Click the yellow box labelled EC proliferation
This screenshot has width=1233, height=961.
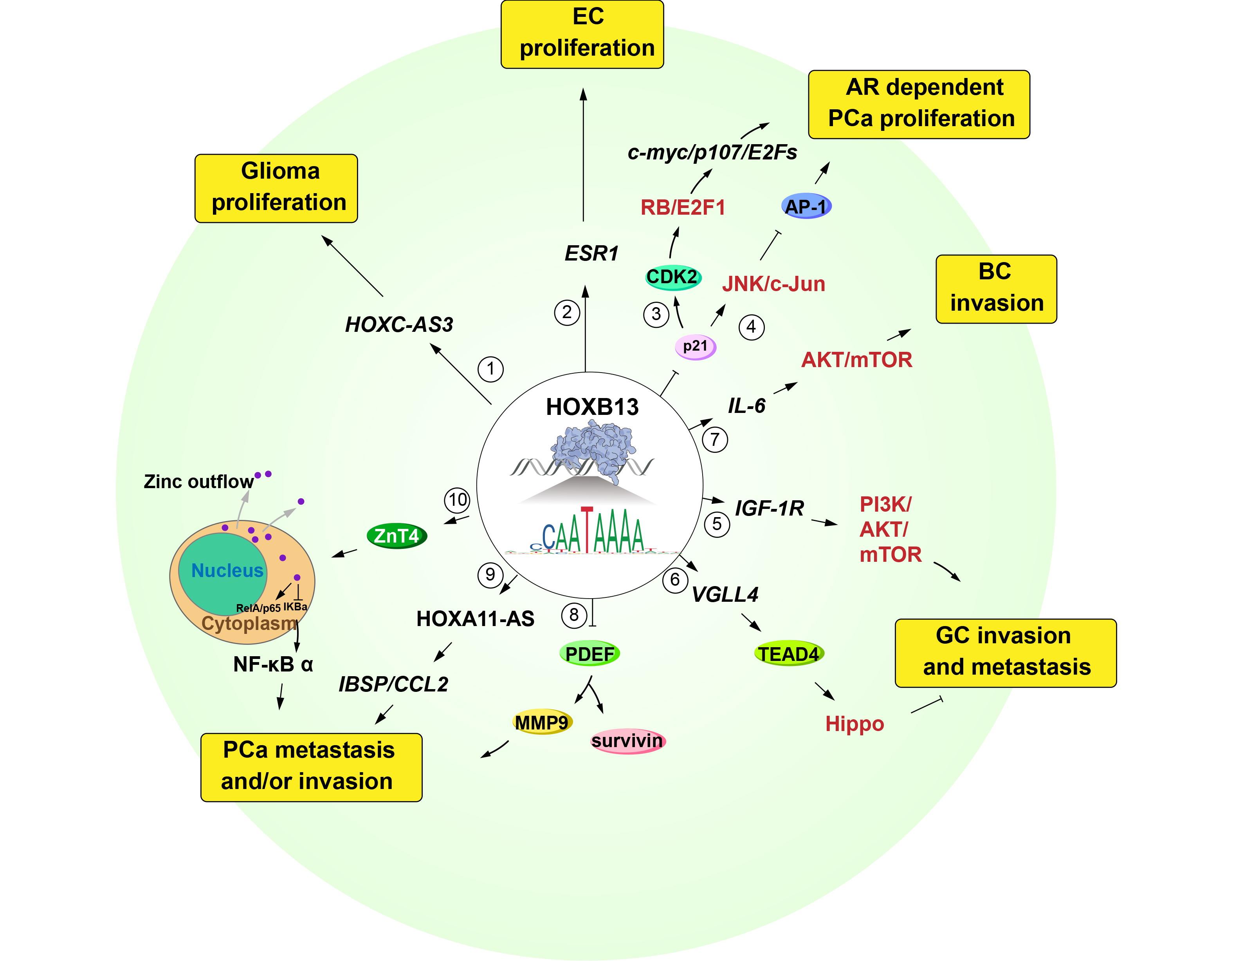(x=582, y=34)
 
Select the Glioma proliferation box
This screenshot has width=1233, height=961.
(x=276, y=188)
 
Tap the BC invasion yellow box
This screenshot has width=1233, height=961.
(x=996, y=289)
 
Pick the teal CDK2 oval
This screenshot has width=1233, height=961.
(x=673, y=277)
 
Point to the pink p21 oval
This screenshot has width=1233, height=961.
(x=696, y=346)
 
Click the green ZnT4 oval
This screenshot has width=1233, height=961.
(x=397, y=536)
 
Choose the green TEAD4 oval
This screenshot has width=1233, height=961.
(x=789, y=654)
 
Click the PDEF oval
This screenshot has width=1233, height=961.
(x=589, y=654)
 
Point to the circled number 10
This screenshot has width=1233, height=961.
(x=457, y=500)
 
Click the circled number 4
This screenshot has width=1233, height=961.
(x=752, y=327)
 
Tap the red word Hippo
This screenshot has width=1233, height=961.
(x=854, y=724)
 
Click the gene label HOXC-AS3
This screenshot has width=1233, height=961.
(x=399, y=325)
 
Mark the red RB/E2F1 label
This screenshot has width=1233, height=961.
(x=683, y=207)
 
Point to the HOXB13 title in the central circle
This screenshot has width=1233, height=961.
(x=592, y=407)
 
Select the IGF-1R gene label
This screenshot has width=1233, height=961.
(x=769, y=508)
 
